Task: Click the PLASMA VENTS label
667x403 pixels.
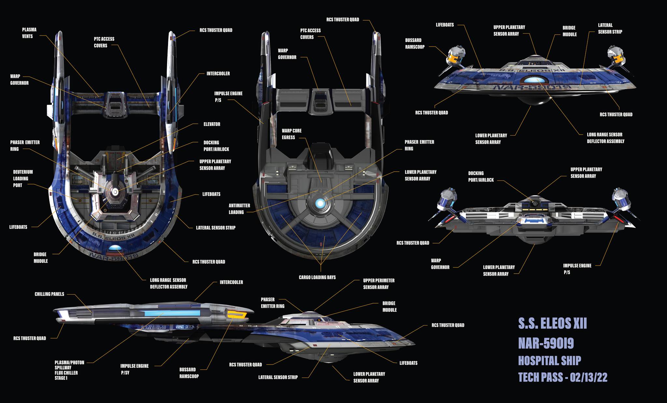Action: tap(29, 33)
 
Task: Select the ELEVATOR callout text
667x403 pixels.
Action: tap(212, 124)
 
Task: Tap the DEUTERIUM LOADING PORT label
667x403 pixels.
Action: tap(23, 179)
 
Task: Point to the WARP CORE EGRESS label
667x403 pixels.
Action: tap(291, 134)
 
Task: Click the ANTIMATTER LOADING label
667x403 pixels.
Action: tap(239, 209)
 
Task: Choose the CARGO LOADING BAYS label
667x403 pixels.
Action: tap(317, 278)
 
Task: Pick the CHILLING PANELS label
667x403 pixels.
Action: tap(50, 294)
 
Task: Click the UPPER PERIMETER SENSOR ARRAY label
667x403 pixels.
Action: tap(379, 284)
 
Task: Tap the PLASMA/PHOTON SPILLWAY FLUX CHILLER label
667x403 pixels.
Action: tap(69, 370)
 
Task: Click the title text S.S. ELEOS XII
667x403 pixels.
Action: tap(552, 324)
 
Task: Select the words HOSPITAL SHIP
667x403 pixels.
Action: tap(549, 361)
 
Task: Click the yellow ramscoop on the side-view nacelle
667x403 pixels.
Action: tap(237, 314)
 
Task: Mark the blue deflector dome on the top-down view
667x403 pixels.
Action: tap(115, 248)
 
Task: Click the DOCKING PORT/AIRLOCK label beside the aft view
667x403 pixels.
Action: tap(481, 177)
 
